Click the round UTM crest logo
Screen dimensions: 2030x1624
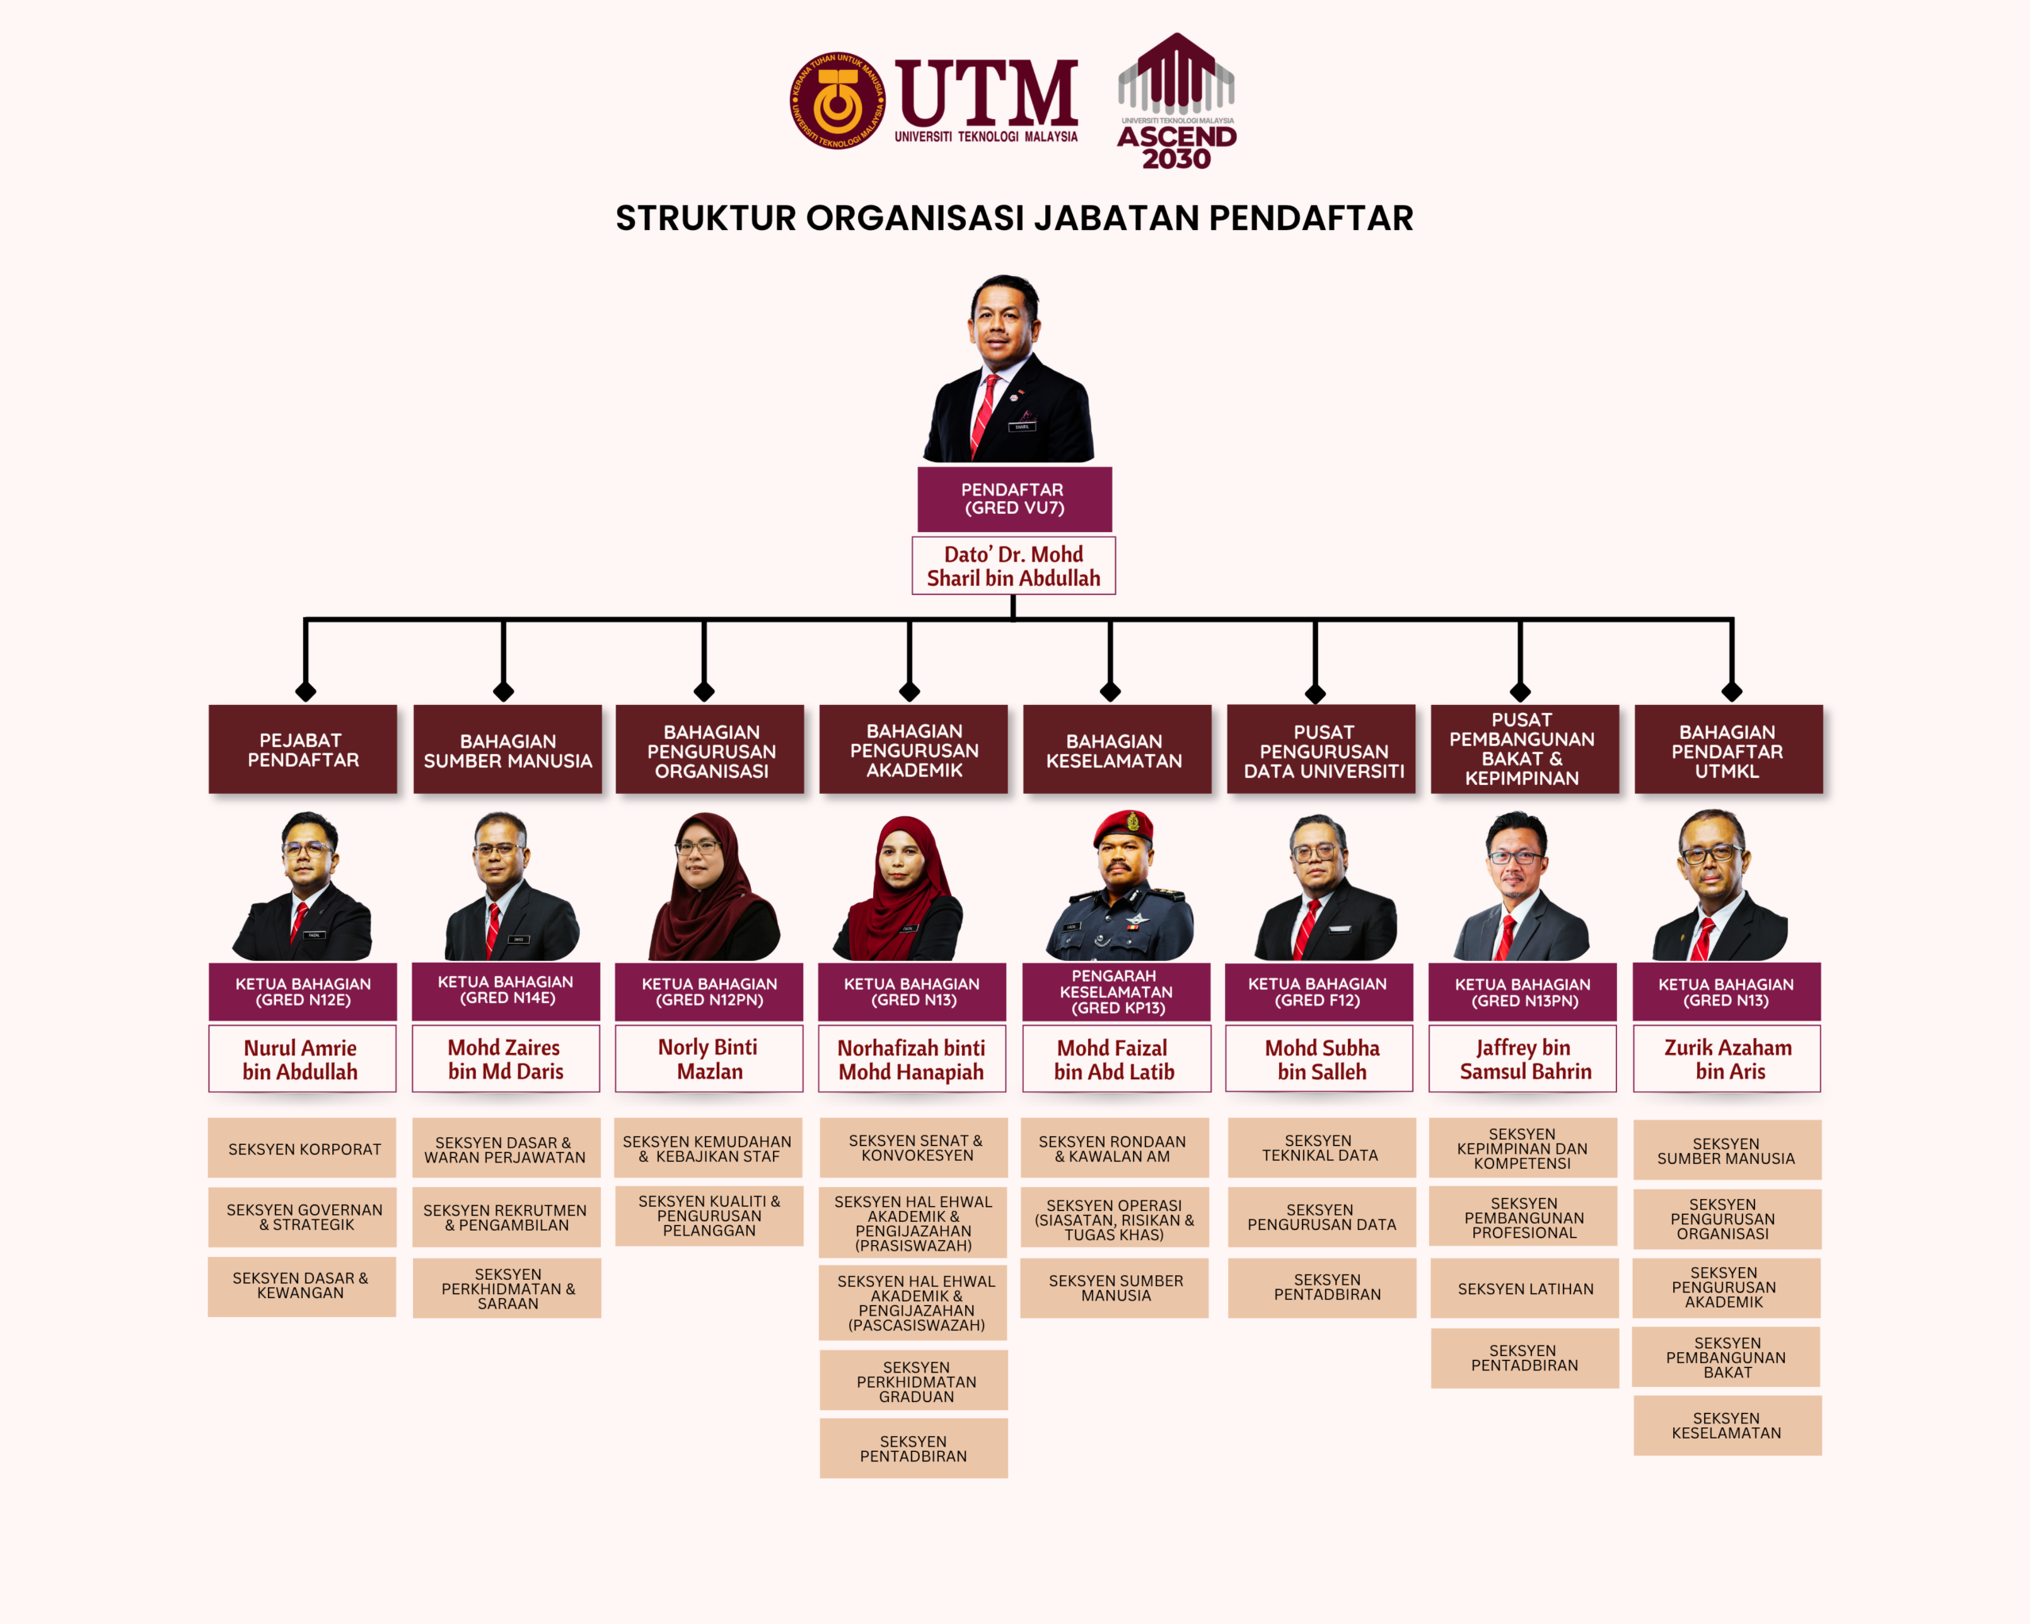click(837, 100)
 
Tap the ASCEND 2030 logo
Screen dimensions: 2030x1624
click(1176, 101)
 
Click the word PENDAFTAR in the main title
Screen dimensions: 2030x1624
click(1311, 217)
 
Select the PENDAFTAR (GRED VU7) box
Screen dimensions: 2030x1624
click(1014, 499)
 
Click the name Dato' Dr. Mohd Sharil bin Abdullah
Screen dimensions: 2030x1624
click(1013, 566)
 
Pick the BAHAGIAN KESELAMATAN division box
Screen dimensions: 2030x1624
click(1116, 749)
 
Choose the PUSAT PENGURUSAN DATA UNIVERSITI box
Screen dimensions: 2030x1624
click(1321, 749)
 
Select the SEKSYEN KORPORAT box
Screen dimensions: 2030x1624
click(302, 1147)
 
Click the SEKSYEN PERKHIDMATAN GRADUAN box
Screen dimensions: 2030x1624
click(913, 1381)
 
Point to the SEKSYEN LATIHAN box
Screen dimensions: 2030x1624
click(1524, 1288)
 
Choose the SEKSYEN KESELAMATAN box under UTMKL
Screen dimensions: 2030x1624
click(1727, 1425)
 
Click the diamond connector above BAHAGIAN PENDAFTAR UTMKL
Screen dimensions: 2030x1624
click(1732, 692)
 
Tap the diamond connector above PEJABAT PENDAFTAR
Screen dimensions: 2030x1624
click(305, 692)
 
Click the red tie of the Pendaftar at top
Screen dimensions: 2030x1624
click(984, 414)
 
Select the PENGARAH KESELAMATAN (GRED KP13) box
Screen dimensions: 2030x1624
click(1116, 991)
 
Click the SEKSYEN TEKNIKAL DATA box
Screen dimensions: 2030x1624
click(1321, 1147)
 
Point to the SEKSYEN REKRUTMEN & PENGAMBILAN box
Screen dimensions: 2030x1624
click(507, 1217)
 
